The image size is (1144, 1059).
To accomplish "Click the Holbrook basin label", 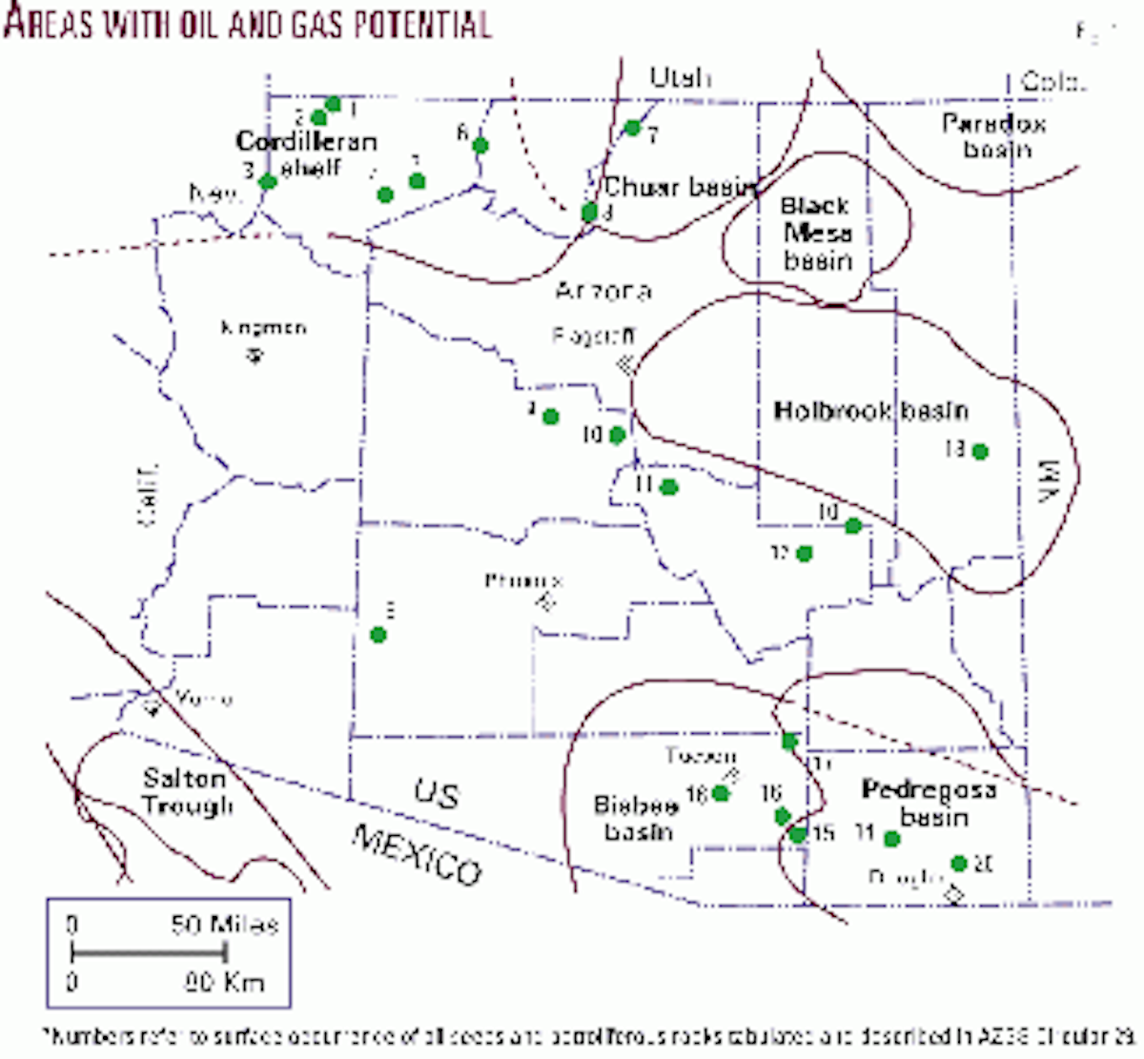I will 870,412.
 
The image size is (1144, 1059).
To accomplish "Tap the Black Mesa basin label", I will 816,234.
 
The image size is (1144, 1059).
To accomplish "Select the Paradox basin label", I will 993,136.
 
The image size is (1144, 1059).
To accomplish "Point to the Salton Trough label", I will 186,793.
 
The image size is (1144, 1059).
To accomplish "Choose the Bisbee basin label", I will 636,818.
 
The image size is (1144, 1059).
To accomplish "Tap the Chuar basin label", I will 679,188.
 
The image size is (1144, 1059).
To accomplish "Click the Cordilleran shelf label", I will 306,154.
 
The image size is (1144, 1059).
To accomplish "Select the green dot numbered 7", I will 631,127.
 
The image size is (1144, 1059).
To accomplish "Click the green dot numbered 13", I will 979,451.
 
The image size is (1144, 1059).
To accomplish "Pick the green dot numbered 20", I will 959,864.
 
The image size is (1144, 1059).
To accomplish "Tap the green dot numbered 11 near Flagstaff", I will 668,487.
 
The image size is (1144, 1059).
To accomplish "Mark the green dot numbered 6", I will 480,145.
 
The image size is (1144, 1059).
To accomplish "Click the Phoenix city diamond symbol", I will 545,601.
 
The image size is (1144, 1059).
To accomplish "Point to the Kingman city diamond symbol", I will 254,356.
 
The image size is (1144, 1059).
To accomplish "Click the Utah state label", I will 680,77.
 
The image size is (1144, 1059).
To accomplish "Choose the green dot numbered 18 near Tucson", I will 721,793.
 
